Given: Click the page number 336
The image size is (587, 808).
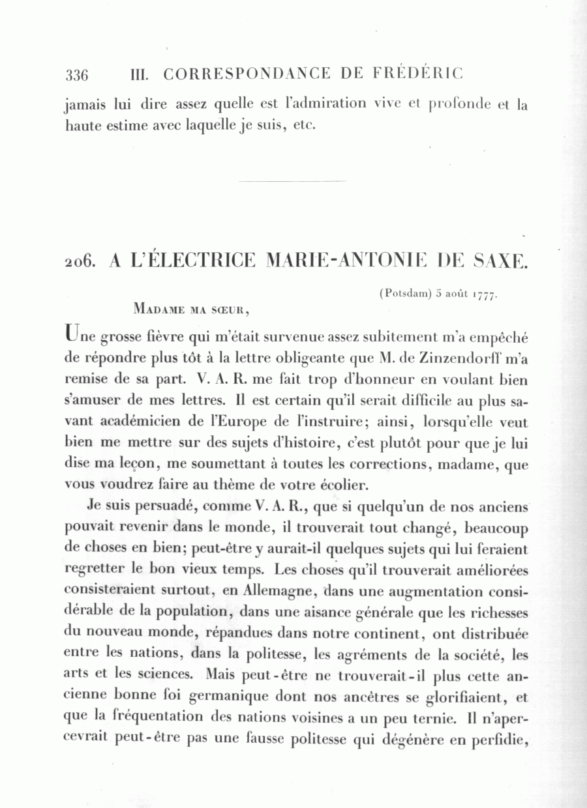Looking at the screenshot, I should tap(77, 74).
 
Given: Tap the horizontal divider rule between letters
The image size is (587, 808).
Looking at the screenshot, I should tap(293, 181).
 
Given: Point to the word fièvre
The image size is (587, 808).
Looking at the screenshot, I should tap(159, 337).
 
